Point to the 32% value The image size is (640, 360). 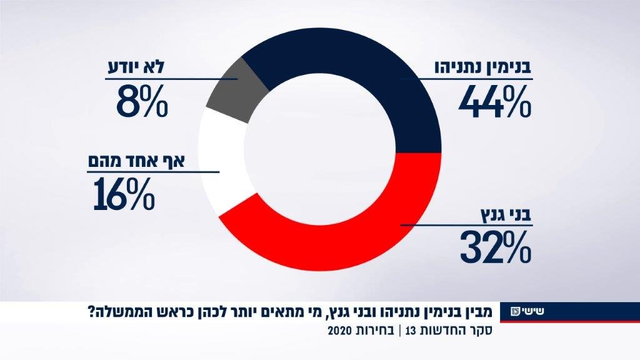496,247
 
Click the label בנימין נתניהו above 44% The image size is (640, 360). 482,68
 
